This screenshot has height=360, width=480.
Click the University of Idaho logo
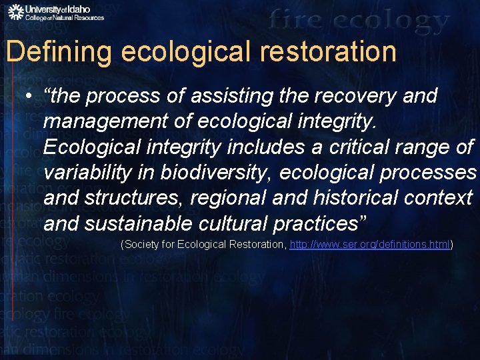tap(56, 12)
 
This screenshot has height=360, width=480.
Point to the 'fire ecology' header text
tap(359, 22)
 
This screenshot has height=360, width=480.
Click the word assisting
tap(237, 97)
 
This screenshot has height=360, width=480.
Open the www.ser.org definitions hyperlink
tap(370, 245)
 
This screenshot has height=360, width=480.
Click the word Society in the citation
tap(141, 245)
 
